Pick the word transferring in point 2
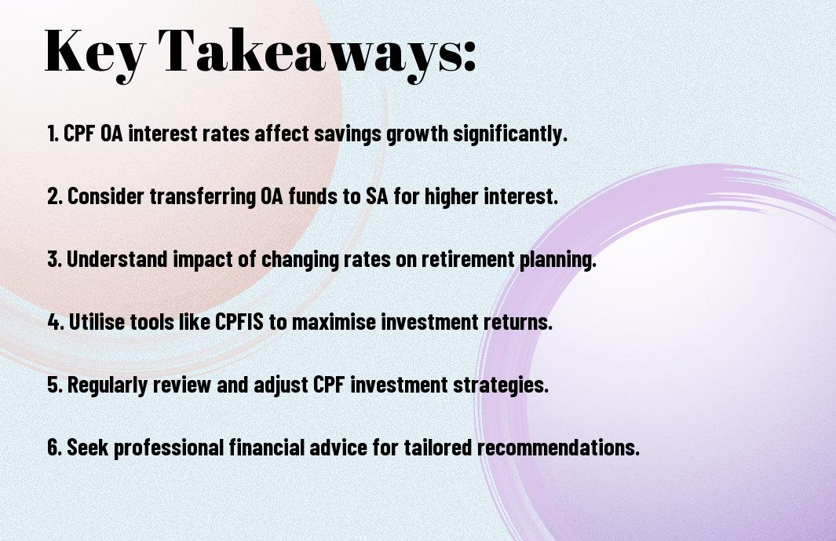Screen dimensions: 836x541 click(203, 196)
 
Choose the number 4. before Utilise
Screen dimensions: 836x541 click(56, 322)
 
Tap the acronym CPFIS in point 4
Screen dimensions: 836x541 click(239, 322)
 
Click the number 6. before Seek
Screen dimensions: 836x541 click(55, 448)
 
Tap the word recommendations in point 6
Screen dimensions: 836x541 click(557, 448)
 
